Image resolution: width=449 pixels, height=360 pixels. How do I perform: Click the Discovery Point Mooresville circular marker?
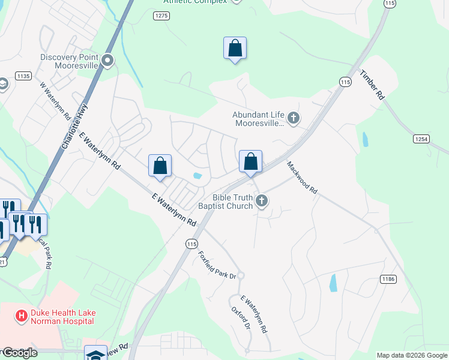pos(108,60)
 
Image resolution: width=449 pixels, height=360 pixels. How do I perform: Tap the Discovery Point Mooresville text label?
pos(68,61)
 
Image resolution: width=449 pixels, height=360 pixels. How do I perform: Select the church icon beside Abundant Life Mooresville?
pos(294,118)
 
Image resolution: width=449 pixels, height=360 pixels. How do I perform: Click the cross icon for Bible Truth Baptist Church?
pos(261,201)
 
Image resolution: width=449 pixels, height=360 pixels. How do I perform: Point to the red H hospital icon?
pos(22,315)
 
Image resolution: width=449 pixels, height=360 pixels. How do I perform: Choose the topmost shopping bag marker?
pos(235,49)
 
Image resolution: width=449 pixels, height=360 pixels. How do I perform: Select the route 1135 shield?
pos(23,76)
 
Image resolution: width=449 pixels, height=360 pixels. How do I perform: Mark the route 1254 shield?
pos(422,139)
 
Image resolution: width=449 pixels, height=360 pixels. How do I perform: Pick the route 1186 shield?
pos(388,279)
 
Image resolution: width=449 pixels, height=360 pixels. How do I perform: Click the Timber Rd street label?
pos(372,85)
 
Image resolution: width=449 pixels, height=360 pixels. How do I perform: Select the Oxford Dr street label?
pos(241,319)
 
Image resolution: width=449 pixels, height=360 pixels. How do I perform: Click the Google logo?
pos(19,353)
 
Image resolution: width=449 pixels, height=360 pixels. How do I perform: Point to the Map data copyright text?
pos(412,355)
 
